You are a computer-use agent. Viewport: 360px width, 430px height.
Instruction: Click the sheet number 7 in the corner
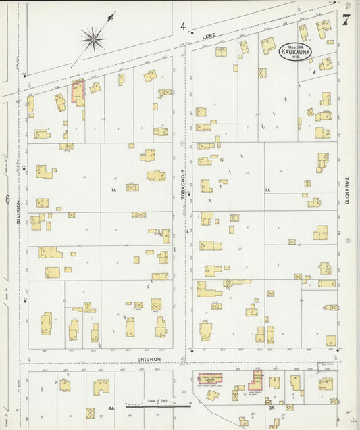coord(346,20)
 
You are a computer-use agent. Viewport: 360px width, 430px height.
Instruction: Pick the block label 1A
coord(114,191)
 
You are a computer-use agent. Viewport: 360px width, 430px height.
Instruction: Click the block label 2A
coord(267,191)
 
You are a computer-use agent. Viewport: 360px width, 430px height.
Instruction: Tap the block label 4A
coord(111,408)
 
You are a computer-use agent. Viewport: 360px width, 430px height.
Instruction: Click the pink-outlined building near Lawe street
coord(78,93)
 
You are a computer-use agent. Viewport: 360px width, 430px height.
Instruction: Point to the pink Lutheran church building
coord(209,378)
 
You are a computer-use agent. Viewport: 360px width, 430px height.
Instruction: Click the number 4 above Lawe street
coord(182,26)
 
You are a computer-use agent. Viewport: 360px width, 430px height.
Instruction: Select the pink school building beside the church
coord(257,378)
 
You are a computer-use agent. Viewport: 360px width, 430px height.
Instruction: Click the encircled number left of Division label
coord(6,199)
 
